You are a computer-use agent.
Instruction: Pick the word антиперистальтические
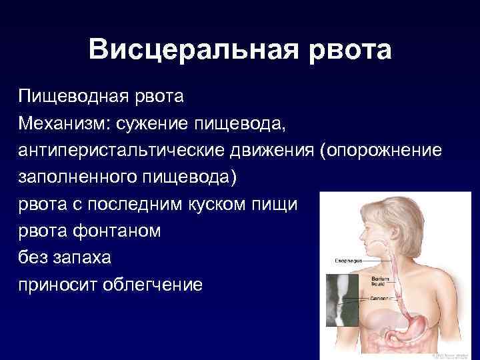click(114, 151)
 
